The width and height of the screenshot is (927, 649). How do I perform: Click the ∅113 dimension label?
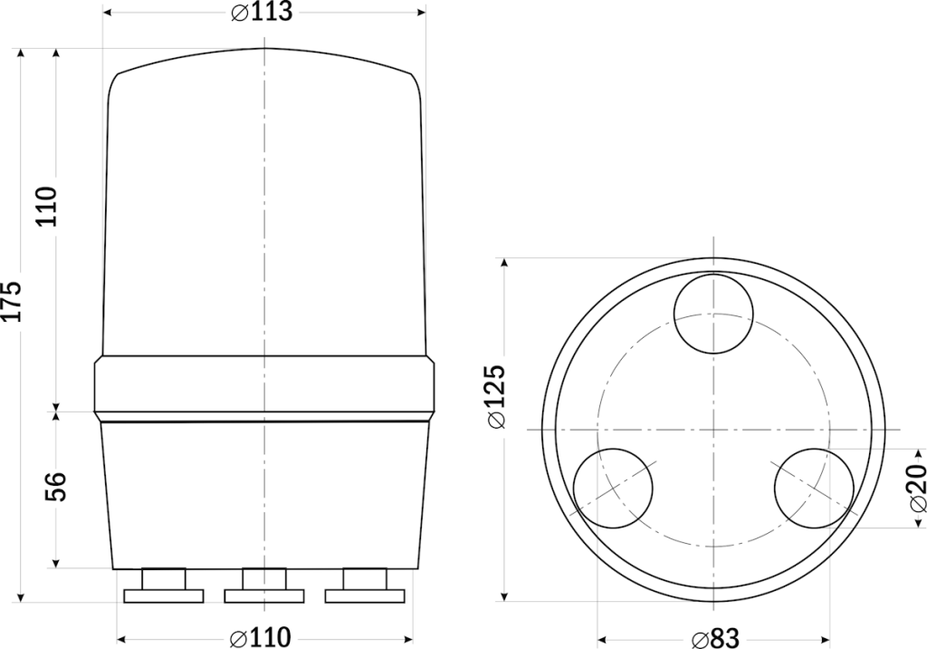point(262,13)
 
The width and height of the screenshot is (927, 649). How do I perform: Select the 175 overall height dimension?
point(12,299)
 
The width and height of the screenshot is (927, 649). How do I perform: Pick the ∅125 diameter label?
point(496,396)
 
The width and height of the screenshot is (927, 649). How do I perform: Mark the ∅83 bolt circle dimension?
point(714,637)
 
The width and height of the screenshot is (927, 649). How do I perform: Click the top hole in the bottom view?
point(713,315)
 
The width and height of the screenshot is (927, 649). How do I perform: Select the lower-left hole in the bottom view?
point(614,488)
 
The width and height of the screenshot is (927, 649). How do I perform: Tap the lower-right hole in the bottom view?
point(813,488)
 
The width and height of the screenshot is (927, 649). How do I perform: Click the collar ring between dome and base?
point(263,387)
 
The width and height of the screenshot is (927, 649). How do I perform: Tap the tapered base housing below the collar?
point(263,494)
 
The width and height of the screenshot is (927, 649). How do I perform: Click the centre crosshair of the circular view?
point(713,429)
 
